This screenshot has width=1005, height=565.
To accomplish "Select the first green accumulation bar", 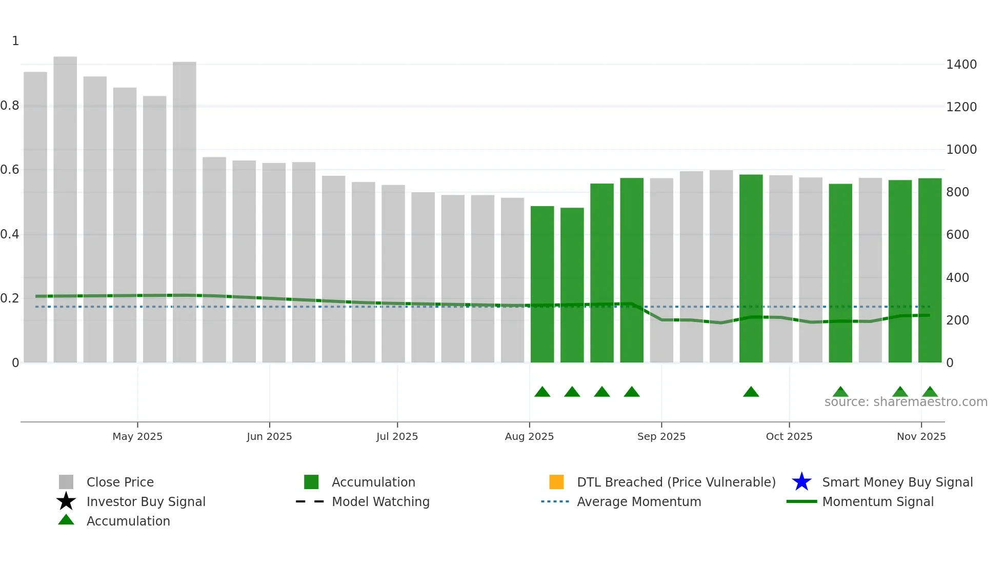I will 542,284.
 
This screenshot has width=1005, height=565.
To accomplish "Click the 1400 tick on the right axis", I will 961,65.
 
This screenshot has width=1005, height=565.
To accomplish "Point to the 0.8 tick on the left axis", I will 10,106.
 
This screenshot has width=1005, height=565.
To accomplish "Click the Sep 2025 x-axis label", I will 661,436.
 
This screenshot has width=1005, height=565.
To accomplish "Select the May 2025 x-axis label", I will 137,436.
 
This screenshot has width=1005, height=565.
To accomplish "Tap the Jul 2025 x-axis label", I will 397,436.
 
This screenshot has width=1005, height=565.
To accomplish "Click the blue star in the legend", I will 801,482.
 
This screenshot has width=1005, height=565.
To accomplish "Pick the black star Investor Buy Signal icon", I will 66,501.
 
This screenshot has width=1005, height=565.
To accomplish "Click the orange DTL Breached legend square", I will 556,482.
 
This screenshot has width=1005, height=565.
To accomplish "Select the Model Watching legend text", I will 380,501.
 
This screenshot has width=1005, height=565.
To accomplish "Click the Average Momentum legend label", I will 638,501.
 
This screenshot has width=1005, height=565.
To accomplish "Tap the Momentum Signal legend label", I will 877,501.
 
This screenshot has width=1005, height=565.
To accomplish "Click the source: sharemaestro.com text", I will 906,402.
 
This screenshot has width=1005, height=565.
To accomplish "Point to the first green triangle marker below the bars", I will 542,392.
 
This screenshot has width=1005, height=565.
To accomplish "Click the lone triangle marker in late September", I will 751,392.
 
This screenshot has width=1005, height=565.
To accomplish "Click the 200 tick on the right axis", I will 957,320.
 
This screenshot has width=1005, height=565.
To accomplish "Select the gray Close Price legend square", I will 66,482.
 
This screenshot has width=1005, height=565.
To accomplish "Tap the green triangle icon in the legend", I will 66,520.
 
